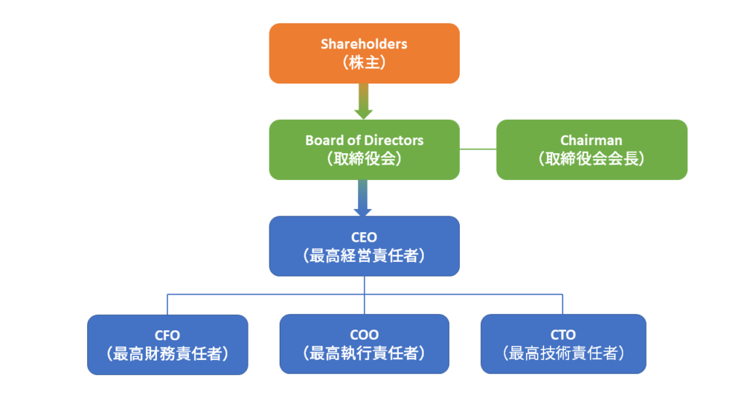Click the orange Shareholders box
(x=364, y=53)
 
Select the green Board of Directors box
(x=364, y=149)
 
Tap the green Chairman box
(x=591, y=149)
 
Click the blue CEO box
(x=364, y=246)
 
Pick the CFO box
(x=167, y=345)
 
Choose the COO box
(x=364, y=345)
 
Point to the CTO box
(x=563, y=345)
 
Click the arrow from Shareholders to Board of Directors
(x=364, y=101)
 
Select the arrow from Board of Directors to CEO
(x=364, y=197)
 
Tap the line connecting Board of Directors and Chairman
(x=478, y=149)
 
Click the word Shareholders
(x=364, y=44)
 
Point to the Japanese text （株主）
(x=364, y=63)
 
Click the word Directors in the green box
(x=395, y=140)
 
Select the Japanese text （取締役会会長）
(x=591, y=159)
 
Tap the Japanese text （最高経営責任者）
(x=364, y=255)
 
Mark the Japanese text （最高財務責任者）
(x=167, y=354)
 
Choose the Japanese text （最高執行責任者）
(x=364, y=354)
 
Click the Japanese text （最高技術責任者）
(x=563, y=354)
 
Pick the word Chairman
(x=591, y=140)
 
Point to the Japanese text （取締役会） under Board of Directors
(x=364, y=159)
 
